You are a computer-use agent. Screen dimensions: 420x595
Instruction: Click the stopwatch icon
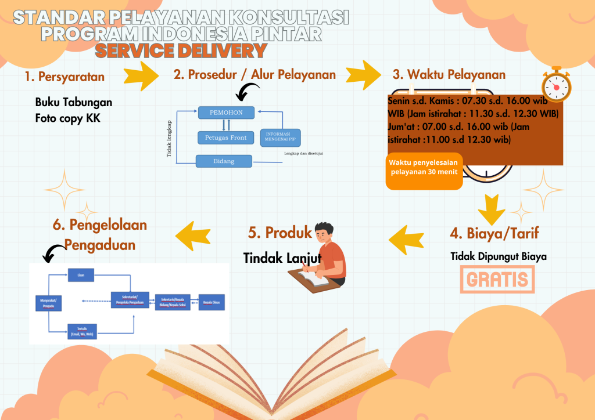pos(556,85)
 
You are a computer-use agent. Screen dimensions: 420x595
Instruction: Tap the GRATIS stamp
pos(497,280)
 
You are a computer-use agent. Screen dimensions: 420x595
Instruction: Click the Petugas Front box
pos(225,137)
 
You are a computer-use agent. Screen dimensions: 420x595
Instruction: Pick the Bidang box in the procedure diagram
pos(224,161)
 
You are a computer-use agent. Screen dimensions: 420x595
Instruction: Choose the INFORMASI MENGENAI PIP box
pos(281,137)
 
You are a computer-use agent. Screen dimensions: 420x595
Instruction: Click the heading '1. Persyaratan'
pos(64,76)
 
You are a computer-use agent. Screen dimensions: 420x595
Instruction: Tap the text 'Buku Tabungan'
pos(74,102)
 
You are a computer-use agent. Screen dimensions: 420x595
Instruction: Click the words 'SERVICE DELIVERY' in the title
pos(181,51)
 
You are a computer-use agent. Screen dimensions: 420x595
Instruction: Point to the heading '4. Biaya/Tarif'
pos(494,233)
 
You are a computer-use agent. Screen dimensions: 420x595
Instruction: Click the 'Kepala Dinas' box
pos(212,302)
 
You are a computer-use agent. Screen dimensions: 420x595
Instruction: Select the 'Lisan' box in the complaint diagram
pos(80,276)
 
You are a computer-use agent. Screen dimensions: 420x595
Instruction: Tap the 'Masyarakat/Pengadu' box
pos(48,302)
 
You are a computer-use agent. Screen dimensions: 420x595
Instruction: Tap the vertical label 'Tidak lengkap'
pos(169,139)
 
